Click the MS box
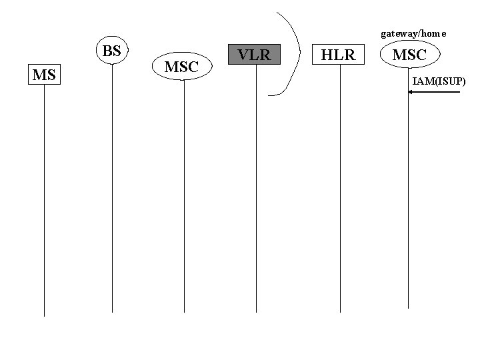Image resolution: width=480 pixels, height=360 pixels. (x=43, y=75)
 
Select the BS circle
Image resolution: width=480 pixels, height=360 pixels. (x=112, y=51)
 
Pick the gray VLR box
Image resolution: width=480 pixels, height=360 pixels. (x=255, y=55)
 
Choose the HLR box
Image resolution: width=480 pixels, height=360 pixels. (x=339, y=55)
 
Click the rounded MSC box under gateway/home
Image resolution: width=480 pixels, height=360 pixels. (x=409, y=55)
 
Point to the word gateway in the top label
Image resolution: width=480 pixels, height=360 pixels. (x=397, y=33)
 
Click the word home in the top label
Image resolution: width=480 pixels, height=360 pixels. (x=433, y=33)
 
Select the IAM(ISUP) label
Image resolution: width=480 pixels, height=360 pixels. (x=439, y=81)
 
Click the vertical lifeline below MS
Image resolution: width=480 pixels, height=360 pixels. (x=44, y=200)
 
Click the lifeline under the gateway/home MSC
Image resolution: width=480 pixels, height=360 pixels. (x=409, y=200)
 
